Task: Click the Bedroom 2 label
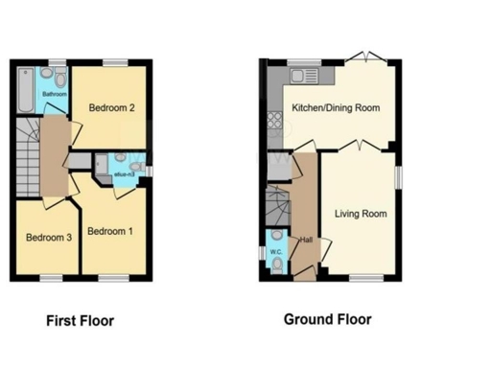pyautogui.click(x=110, y=108)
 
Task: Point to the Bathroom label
pyautogui.click(x=55, y=94)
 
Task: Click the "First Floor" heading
pyautogui.click(x=86, y=320)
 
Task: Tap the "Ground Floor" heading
pyautogui.click(x=327, y=319)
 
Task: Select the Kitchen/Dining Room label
pyautogui.click(x=336, y=107)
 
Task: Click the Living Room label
pyautogui.click(x=361, y=214)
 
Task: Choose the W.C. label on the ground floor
pyautogui.click(x=276, y=253)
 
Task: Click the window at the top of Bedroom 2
pyautogui.click(x=117, y=63)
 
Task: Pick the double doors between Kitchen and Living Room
pyautogui.click(x=357, y=146)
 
